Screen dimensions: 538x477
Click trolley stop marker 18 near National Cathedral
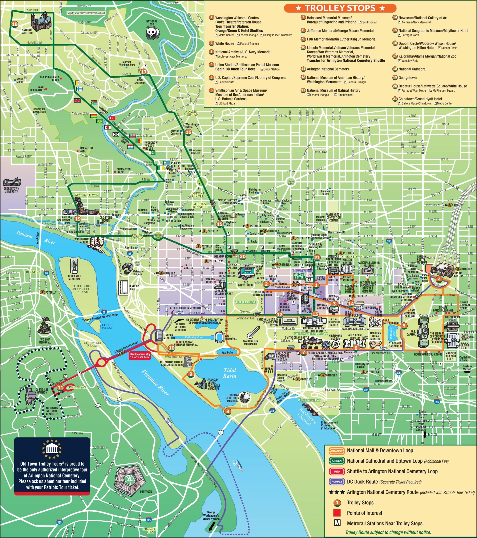point(15,24)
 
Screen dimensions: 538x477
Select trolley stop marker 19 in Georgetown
point(77,219)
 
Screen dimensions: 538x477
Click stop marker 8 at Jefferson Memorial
point(227,411)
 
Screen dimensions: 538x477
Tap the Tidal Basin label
point(230,373)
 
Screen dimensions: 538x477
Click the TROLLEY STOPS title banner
point(340,8)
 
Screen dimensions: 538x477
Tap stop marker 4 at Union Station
point(439,279)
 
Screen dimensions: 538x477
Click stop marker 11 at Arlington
point(61,388)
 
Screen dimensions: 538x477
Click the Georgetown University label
point(11,190)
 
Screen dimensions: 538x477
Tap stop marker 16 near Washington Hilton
point(188,132)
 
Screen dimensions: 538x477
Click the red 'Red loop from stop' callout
point(140,356)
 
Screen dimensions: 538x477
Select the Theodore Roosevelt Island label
point(82,289)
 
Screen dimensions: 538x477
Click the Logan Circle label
point(291,182)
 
